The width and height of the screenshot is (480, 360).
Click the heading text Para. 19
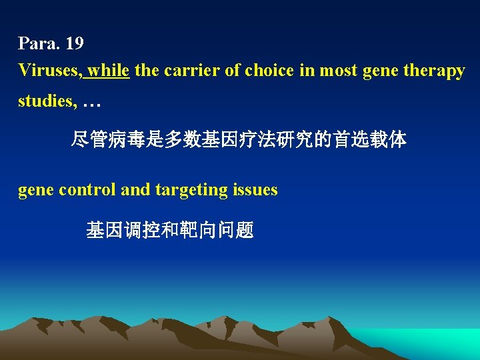click(x=51, y=44)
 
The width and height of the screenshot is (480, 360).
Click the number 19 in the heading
click(x=75, y=44)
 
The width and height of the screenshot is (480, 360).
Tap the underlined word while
click(x=108, y=71)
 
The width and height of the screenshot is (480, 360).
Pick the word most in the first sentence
click(x=339, y=71)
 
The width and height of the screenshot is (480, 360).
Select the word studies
click(x=45, y=101)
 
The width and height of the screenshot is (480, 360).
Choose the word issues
click(x=255, y=190)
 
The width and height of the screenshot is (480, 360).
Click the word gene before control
click(x=36, y=190)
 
